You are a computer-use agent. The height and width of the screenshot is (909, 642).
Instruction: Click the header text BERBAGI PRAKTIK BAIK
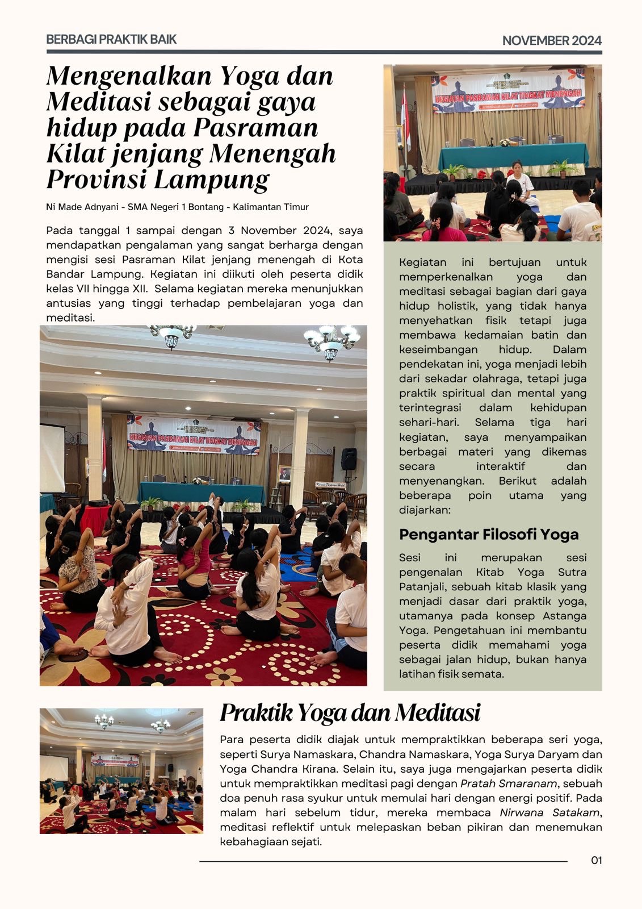(x=111, y=40)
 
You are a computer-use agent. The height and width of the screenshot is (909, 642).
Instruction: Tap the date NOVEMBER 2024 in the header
(x=552, y=40)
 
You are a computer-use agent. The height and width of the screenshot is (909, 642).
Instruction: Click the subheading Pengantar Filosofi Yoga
(x=489, y=534)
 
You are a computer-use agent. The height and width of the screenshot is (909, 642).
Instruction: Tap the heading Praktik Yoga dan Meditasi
(x=350, y=712)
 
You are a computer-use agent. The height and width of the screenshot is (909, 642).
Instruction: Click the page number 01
(x=596, y=860)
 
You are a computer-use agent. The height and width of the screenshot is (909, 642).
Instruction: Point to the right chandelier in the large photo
(x=331, y=342)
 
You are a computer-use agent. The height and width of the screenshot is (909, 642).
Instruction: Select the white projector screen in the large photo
(x=52, y=457)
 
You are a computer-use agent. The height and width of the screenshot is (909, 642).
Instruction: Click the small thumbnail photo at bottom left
(x=121, y=770)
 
